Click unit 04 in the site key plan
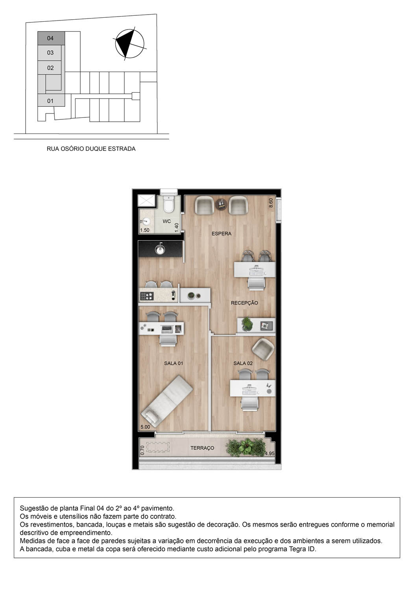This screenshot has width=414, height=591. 51,38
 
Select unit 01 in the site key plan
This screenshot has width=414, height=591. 50,101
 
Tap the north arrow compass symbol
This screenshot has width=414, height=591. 129,44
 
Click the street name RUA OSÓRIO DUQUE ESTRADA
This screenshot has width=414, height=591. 91,149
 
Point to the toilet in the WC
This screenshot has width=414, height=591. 169,205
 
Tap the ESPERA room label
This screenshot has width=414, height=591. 222,234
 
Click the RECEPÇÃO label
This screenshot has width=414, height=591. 244,303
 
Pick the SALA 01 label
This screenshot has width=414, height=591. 174,363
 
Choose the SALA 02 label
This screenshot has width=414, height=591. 243,363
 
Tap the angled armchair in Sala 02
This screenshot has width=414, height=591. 263,349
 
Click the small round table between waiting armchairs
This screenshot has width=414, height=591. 221,204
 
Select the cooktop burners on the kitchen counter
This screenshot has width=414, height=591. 147,296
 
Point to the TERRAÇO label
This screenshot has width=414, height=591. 202,448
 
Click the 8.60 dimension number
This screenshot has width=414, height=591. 271,203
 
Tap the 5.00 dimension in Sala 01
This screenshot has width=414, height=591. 145,427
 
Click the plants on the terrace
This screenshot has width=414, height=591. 246,447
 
